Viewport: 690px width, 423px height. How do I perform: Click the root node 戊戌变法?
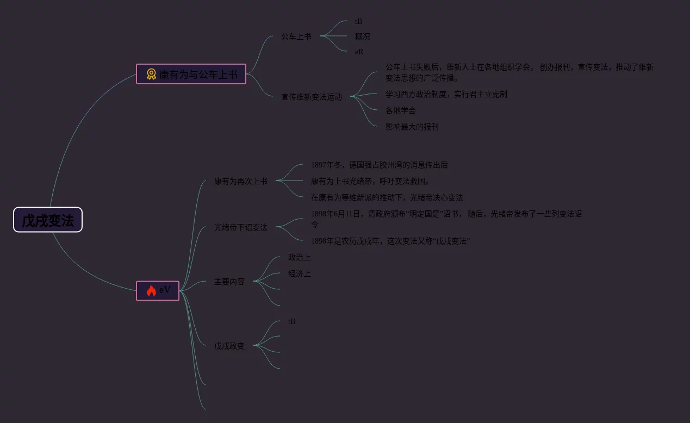48,220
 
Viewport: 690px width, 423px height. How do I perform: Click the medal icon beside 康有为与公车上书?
151,74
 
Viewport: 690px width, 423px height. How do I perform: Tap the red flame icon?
151,290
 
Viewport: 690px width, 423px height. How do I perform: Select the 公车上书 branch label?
296,36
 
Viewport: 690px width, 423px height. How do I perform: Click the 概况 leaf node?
362,36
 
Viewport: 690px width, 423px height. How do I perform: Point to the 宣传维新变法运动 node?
311,97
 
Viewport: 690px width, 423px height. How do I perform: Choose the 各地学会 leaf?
400,110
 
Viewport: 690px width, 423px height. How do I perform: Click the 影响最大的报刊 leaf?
412,127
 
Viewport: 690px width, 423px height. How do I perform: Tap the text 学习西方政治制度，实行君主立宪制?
446,94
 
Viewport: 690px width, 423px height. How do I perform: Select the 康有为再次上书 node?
240,181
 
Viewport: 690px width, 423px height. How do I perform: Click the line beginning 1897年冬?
379,165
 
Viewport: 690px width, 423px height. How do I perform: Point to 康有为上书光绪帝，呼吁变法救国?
370,181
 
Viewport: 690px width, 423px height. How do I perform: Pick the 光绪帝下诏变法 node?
240,227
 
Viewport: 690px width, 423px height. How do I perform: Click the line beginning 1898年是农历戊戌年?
390,241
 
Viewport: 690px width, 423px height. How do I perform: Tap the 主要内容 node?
229,282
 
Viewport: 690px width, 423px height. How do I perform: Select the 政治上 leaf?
299,257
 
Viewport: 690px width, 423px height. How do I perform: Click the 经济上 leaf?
299,273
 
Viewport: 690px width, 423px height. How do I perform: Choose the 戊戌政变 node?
229,346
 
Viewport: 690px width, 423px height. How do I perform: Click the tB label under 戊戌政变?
291,321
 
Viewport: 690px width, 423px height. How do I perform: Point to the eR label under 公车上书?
359,52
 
